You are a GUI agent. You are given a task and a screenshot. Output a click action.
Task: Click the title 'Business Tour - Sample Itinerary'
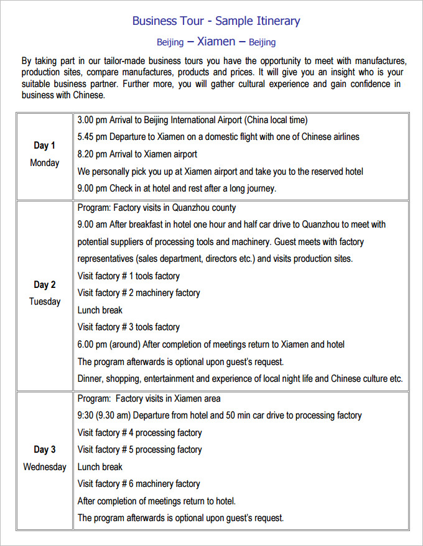point(216,21)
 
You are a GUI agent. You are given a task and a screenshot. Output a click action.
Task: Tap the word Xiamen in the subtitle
point(216,42)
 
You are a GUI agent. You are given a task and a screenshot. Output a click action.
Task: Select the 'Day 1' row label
point(44,146)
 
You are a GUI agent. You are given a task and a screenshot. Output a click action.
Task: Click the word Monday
point(44,163)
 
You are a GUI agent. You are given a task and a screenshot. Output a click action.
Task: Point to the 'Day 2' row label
point(44,285)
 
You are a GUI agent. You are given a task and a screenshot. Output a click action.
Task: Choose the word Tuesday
point(44,302)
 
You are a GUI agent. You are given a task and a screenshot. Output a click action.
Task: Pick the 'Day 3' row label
point(44,450)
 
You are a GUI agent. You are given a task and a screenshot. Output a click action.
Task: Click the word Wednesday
point(44,466)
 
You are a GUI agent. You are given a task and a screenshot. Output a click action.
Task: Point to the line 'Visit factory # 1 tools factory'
point(128,276)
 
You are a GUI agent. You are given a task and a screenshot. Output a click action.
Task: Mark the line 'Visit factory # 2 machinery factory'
point(139,293)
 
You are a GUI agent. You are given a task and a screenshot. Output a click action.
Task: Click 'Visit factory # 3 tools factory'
point(128,327)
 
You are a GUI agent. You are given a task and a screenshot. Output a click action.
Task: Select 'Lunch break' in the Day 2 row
point(100,310)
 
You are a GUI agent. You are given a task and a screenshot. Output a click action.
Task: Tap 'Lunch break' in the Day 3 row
point(100,467)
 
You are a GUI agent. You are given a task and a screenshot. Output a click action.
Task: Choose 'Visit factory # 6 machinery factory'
point(139,484)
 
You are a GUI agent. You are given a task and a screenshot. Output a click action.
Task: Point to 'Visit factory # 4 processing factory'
point(139,433)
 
